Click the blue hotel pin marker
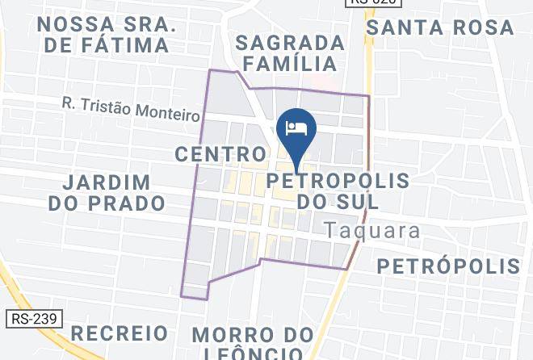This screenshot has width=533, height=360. (x=296, y=133)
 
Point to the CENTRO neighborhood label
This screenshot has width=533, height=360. (x=220, y=153)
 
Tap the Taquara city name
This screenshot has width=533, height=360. (x=372, y=230)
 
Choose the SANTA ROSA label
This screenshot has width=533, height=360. (x=440, y=27)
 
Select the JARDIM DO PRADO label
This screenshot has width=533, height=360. (x=107, y=192)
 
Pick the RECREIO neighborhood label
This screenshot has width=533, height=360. (x=120, y=333)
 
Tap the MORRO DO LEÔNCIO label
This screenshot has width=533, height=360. (x=253, y=344)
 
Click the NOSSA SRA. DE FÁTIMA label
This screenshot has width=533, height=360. (x=107, y=35)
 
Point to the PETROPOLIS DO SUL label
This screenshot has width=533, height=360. (x=338, y=189)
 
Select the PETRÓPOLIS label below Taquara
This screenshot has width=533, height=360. (x=448, y=266)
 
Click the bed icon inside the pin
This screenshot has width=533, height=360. (x=296, y=128)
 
